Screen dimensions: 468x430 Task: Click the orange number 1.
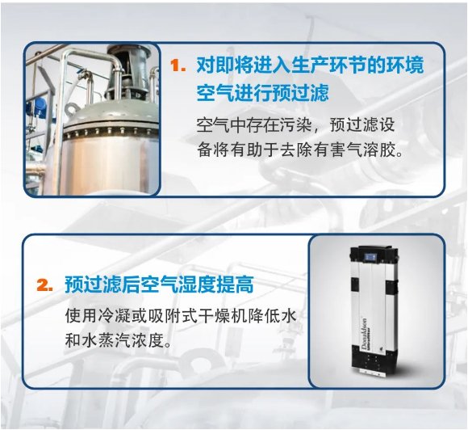(x=178, y=65)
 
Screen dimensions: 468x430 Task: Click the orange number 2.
(x=44, y=285)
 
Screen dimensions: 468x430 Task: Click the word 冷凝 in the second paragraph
(x=115, y=316)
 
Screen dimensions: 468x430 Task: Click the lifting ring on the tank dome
(x=72, y=109)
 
